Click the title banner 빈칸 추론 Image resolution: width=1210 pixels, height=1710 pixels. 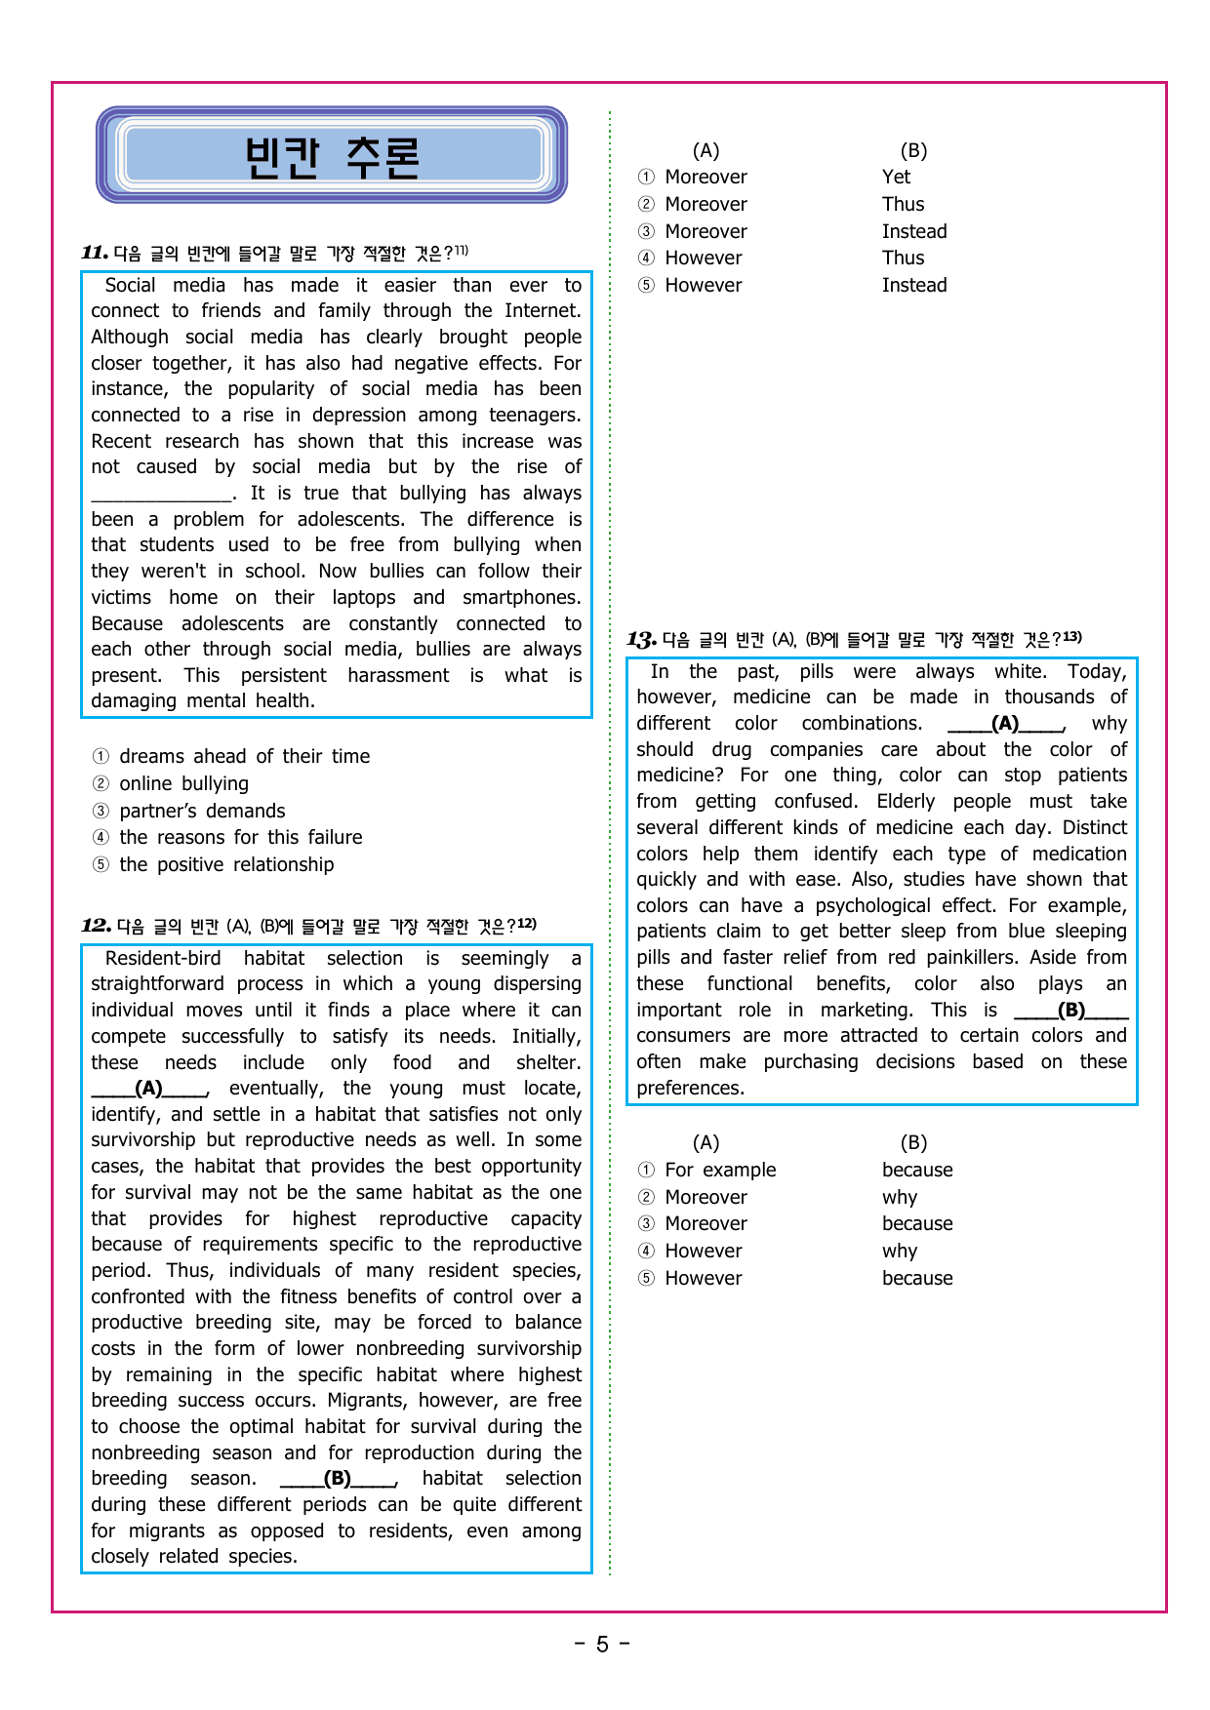pyautogui.click(x=332, y=156)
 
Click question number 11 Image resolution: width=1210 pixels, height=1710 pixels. pyautogui.click(x=95, y=253)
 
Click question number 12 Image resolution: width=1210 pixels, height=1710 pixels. pyautogui.click(x=96, y=926)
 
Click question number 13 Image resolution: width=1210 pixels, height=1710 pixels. pyautogui.click(x=641, y=640)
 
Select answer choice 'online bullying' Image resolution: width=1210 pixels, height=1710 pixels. pyautogui.click(x=183, y=783)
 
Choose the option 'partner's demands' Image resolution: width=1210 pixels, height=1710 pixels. pyautogui.click(x=202, y=811)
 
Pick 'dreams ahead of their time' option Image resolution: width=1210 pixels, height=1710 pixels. pyautogui.click(x=244, y=756)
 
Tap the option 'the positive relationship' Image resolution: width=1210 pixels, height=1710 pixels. pyautogui.click(x=226, y=864)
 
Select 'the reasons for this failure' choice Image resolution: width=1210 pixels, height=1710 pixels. pyautogui.click(x=240, y=837)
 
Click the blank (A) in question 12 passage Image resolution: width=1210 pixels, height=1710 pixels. pyautogui.click(x=149, y=1089)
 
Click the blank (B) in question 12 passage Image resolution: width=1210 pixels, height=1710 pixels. pyautogui.click(x=338, y=1479)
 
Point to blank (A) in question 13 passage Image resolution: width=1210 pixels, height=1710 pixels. pyautogui.click(x=1005, y=724)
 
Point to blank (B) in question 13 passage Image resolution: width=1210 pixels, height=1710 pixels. pyautogui.click(x=1070, y=1011)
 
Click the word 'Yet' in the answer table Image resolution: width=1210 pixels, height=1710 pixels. pyautogui.click(x=896, y=177)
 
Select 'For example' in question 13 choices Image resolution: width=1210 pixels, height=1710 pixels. pyautogui.click(x=720, y=1170)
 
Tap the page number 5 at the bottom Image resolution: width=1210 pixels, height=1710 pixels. pyautogui.click(x=602, y=1645)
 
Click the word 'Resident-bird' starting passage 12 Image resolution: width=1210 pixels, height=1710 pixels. pyautogui.click(x=163, y=959)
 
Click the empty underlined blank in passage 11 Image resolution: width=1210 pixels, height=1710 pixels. pyautogui.click(x=162, y=495)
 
